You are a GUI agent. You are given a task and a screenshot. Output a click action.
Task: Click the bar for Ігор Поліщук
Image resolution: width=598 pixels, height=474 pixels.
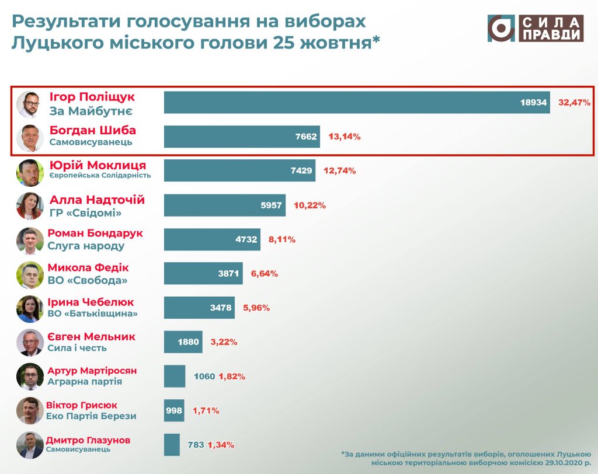coord(356,102)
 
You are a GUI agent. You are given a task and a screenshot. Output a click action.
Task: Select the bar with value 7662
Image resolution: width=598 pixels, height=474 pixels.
coord(242,137)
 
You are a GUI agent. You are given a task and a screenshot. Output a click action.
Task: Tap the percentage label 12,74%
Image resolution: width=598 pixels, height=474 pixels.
coord(339,171)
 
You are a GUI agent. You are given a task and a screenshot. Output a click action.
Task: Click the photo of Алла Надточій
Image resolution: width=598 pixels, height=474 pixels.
coord(29,205)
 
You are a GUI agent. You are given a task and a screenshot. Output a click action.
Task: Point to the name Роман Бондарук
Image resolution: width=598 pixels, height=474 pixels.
coord(95,233)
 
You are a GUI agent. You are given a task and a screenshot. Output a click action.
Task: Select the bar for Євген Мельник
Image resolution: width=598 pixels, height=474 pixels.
coord(183,342)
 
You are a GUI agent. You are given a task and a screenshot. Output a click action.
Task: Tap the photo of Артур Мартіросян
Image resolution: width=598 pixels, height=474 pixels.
coord(29,377)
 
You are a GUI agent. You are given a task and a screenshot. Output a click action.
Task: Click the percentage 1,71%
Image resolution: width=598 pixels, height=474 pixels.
coord(206,411)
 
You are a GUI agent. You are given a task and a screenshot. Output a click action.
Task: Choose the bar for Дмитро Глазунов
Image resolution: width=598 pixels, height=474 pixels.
coord(172,445)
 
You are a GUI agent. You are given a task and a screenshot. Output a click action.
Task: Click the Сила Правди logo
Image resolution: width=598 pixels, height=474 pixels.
coord(536,29)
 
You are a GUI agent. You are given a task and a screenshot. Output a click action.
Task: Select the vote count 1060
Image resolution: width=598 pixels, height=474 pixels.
coord(204,377)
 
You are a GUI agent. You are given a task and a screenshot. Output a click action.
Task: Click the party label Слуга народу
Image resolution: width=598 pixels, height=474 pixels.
coord(86,246)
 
